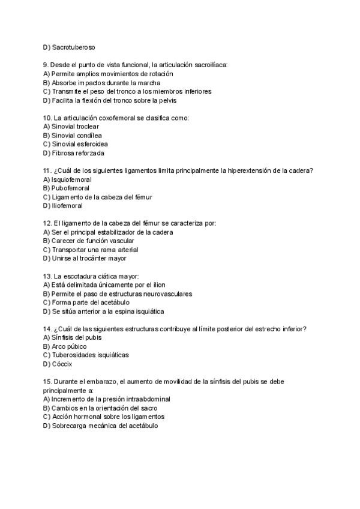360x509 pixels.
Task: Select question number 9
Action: point(46,65)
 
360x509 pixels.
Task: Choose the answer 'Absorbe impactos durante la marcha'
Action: point(106,83)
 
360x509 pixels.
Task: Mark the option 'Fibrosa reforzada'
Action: point(77,153)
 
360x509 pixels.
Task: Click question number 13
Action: point(48,276)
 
